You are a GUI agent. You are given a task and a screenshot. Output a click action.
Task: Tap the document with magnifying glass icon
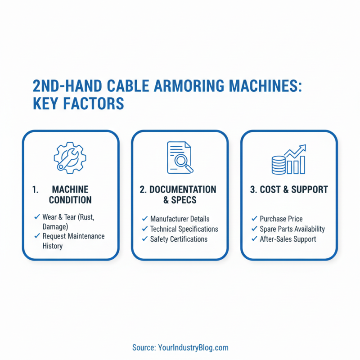[x=180, y=157]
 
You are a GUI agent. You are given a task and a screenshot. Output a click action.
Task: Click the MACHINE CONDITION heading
[x=70, y=195]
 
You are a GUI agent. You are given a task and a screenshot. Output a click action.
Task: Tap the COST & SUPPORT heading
[x=289, y=189]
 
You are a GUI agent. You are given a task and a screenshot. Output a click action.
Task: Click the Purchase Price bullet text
[x=281, y=219]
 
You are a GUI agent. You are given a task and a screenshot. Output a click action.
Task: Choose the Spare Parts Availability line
[x=292, y=229]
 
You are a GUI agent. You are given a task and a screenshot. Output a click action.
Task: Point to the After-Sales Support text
[x=288, y=239]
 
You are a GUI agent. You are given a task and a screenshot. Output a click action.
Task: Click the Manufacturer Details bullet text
[x=180, y=219]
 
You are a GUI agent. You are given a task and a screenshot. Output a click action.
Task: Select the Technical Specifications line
[x=184, y=229]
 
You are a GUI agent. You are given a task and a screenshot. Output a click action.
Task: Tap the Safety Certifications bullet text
[x=179, y=239]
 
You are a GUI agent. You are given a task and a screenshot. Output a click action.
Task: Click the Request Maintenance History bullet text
[x=73, y=241]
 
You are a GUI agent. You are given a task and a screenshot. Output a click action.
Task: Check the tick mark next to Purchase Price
[x=254, y=219]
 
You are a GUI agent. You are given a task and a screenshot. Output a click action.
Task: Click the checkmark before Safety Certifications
[x=145, y=239]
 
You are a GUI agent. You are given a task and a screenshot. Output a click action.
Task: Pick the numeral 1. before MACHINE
[x=35, y=189]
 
